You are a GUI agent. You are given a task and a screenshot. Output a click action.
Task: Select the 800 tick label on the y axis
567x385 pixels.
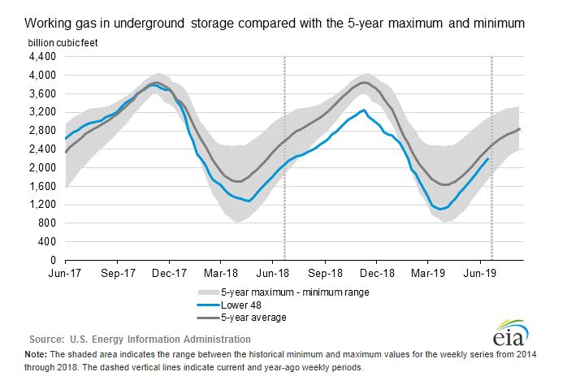pos(47,223)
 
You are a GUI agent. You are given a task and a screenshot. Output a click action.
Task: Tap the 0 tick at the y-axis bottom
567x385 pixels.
pos(52,261)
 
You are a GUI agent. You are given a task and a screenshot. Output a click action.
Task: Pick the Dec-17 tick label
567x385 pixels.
pos(171,274)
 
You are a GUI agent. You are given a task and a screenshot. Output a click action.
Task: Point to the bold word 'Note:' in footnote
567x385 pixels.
pos(36,356)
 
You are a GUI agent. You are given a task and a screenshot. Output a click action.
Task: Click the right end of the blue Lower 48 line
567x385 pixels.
pos(488,158)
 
